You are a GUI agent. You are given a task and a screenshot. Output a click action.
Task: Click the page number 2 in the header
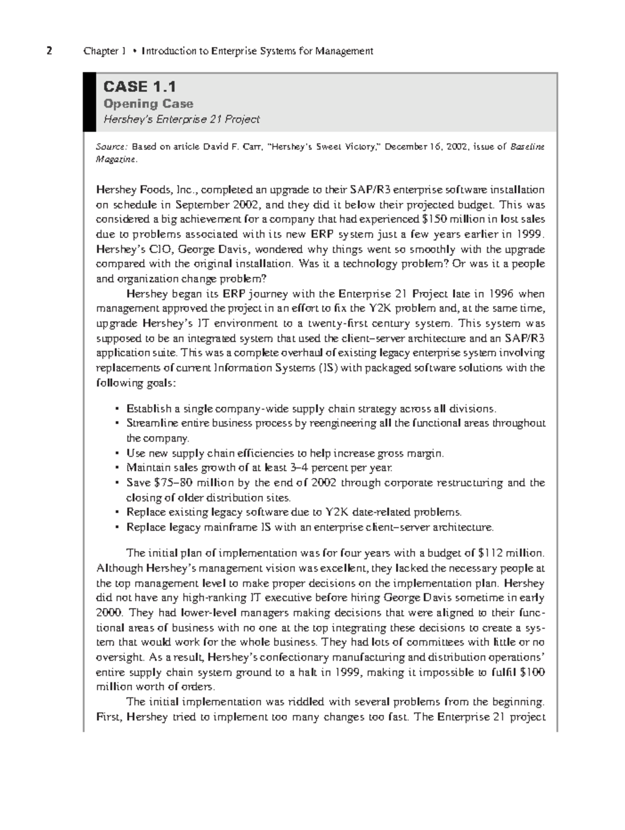pyautogui.click(x=49, y=51)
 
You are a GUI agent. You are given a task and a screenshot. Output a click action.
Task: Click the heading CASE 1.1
pyautogui.click(x=140, y=86)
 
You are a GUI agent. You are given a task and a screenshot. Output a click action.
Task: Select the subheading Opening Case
pyautogui.click(x=148, y=104)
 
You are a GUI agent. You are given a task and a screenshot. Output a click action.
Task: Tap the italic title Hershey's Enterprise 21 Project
pyautogui.click(x=181, y=119)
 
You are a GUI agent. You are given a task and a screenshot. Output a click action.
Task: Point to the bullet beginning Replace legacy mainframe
pyautogui.click(x=309, y=527)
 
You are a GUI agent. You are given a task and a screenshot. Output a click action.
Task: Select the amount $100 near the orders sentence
pyautogui.click(x=532, y=672)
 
